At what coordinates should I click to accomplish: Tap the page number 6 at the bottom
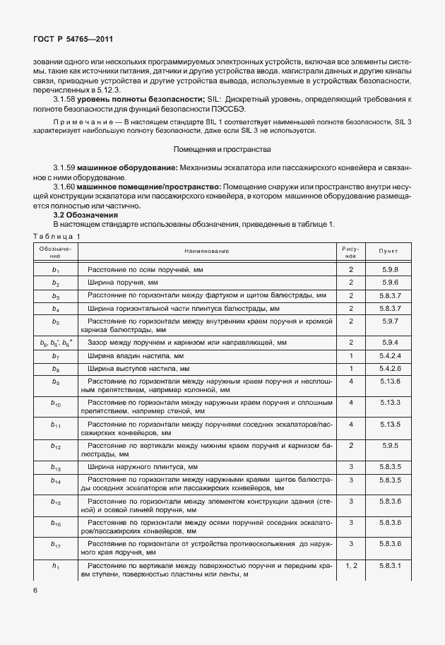[x=35, y=590]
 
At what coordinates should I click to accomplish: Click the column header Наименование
[x=207, y=251]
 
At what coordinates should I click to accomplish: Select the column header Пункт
[x=388, y=251]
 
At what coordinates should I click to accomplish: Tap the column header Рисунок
[x=351, y=251]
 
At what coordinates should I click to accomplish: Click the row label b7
[x=56, y=355]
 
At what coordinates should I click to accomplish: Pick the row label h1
[x=56, y=566]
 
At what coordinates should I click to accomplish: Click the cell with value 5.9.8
[x=389, y=270]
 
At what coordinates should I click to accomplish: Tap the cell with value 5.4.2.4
[x=389, y=355]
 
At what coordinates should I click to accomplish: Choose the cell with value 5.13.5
[x=389, y=424]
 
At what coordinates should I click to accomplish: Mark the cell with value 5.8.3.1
[x=389, y=566]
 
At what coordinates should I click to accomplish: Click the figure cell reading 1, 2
[x=351, y=566]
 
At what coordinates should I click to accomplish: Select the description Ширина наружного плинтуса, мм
[x=142, y=467]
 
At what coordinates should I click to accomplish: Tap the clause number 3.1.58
[x=67, y=101]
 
